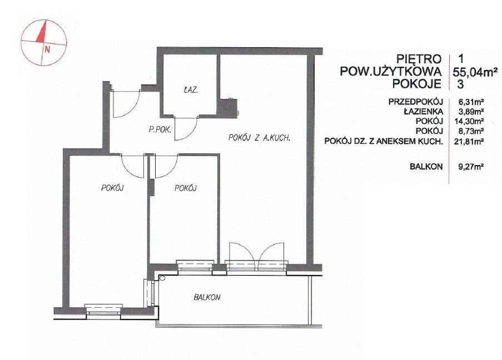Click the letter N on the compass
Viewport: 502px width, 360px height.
(x=48, y=49)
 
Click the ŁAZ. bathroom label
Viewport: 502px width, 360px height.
(x=191, y=90)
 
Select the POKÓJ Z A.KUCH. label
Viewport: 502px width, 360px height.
(x=259, y=138)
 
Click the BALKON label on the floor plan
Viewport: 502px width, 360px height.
(x=207, y=297)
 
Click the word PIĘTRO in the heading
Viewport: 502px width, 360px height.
(x=419, y=59)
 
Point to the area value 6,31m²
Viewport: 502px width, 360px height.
(x=471, y=102)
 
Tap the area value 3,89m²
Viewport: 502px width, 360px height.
(x=471, y=112)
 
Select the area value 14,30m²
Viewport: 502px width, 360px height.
(x=471, y=121)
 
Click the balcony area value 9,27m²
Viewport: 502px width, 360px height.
(x=471, y=167)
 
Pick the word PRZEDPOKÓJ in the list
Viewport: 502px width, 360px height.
(x=416, y=102)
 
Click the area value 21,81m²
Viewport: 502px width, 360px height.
(x=471, y=141)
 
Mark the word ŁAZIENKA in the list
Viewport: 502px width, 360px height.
(x=423, y=112)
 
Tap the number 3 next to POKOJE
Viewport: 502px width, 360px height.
(x=461, y=84)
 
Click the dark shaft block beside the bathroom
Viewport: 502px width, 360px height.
(x=228, y=108)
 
